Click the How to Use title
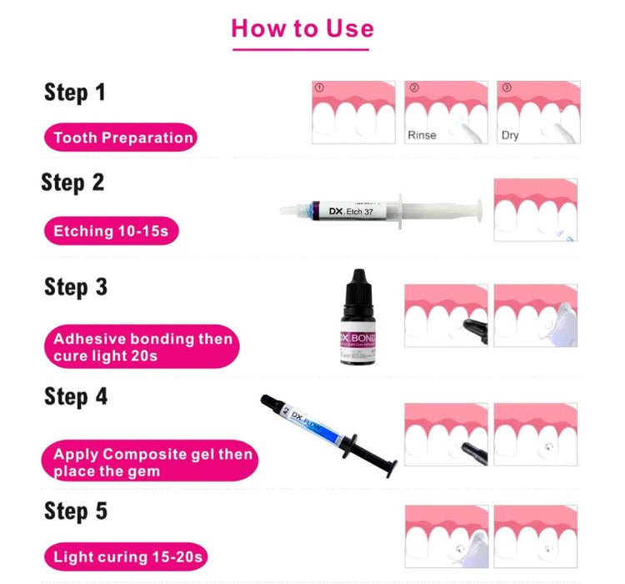[x=302, y=28]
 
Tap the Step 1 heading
[x=75, y=92]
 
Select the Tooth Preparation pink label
[x=122, y=138]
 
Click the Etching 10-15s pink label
[x=111, y=231]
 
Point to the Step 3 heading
[x=76, y=287]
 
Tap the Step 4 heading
[x=76, y=396]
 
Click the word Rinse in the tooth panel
[x=422, y=135]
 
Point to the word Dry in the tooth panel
[x=510, y=135]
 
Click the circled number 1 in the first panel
[x=318, y=88]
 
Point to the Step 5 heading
[x=76, y=511]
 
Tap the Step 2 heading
[x=72, y=183]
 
